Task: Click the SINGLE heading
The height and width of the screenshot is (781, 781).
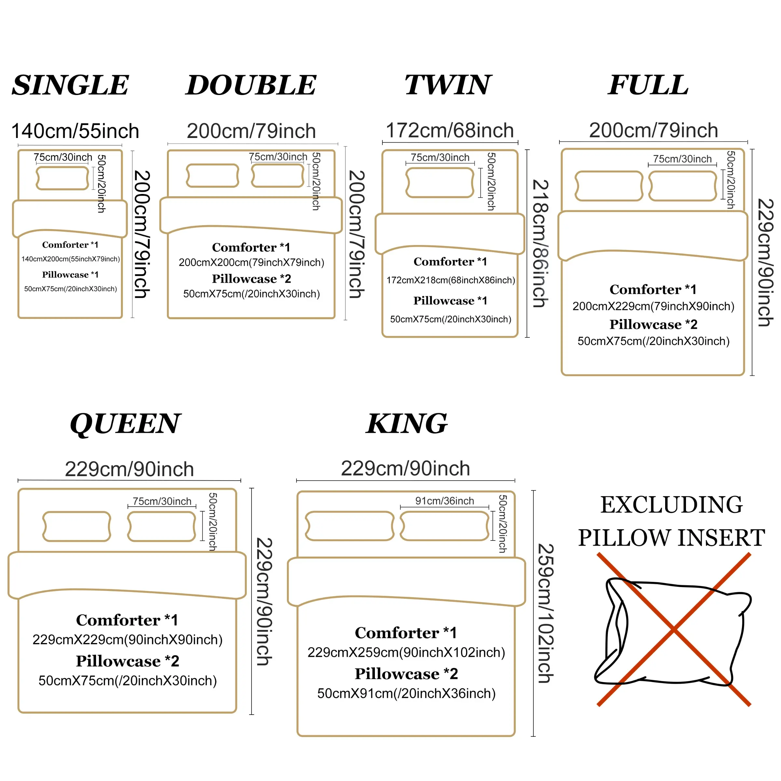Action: tap(70, 85)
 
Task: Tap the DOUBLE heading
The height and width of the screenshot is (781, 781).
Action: tap(251, 85)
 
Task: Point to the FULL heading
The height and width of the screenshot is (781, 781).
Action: tap(649, 85)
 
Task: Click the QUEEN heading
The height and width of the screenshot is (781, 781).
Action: tap(125, 424)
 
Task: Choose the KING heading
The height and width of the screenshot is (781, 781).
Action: tap(407, 424)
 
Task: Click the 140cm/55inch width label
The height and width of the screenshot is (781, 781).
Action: tap(75, 131)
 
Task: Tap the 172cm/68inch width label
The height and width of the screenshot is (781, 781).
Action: tap(449, 130)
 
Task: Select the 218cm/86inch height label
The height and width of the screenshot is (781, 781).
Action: tap(540, 243)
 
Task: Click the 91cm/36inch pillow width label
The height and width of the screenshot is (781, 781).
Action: tap(444, 501)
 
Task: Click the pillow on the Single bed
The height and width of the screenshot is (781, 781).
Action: tap(62, 178)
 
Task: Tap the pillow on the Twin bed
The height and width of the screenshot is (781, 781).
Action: tap(440, 183)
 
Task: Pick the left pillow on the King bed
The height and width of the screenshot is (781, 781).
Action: tap(350, 526)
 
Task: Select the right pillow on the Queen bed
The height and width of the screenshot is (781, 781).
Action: tap(162, 526)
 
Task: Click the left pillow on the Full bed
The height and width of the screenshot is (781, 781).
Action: tap(609, 186)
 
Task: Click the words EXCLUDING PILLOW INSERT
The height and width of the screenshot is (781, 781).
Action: tap(671, 521)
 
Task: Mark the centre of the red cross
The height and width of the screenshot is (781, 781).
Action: tap(674, 630)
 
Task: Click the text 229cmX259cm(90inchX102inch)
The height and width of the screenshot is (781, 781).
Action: tap(406, 652)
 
